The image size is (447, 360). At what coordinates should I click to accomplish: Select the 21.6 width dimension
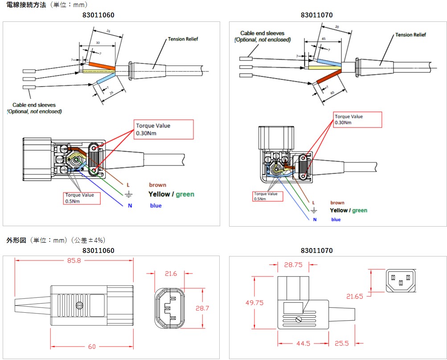click(x=171, y=273)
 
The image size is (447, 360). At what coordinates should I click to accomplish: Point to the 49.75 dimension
click(x=254, y=302)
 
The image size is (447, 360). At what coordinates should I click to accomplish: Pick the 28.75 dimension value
click(x=293, y=265)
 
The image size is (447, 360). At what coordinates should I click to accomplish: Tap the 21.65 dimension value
click(x=355, y=296)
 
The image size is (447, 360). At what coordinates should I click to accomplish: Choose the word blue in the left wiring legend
click(x=156, y=206)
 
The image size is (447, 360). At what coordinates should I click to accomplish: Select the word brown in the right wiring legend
click(x=337, y=203)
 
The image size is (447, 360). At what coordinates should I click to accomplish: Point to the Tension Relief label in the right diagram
click(x=410, y=35)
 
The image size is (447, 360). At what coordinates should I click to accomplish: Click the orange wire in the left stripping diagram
click(x=103, y=66)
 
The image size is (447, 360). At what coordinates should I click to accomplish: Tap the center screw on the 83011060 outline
click(x=80, y=306)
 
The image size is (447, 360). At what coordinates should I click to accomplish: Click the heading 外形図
click(x=14, y=240)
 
